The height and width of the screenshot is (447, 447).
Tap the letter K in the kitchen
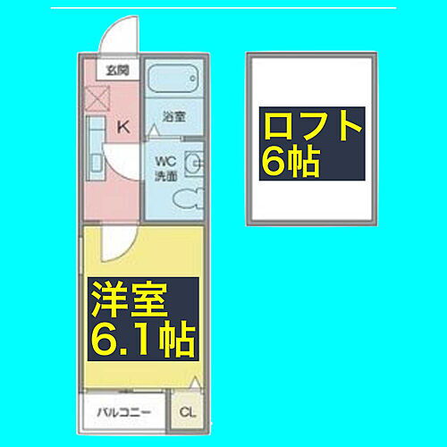click(123, 126)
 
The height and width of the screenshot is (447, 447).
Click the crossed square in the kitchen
click(97, 98)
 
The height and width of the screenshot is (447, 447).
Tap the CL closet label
click(186, 412)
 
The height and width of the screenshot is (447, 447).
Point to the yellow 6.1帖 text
click(141, 341)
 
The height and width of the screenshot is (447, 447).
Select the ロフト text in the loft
click(313, 125)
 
